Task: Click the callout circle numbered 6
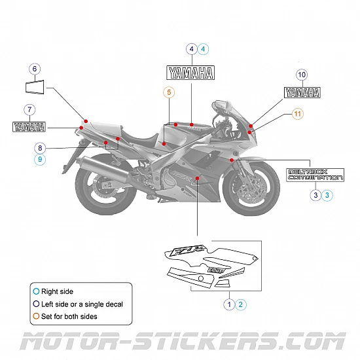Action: tap(35, 69)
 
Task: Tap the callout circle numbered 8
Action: tap(40, 148)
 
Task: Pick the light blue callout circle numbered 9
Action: tap(40, 159)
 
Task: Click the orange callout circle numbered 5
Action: tap(170, 92)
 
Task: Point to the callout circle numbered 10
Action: tap(302, 75)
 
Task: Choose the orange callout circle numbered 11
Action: tap(298, 114)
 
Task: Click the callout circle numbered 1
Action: tap(229, 304)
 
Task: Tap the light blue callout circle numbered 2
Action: tap(241, 304)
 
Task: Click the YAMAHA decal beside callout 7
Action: tap(29, 126)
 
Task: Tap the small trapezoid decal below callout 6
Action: tap(35, 86)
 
